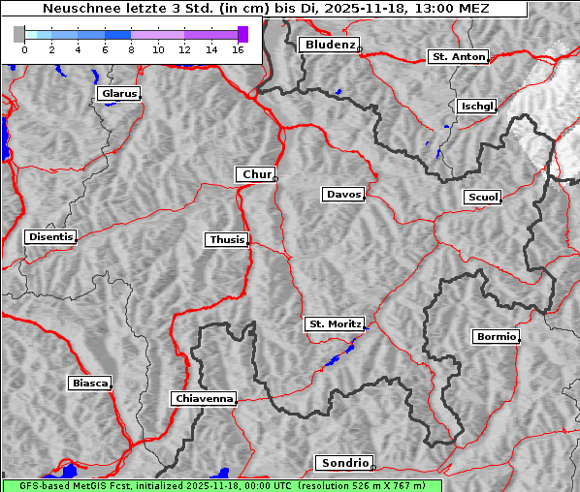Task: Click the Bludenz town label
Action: pos(328,45)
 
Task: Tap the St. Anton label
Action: pos(457,57)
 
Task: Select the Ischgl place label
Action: pos(476,106)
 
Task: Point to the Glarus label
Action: pos(118,94)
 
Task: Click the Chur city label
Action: pos(256,174)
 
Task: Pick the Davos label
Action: pos(342,195)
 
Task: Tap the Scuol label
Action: pos(482,198)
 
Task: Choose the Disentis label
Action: pos(50,236)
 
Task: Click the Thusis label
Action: pos(227,239)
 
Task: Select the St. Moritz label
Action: pos(334,324)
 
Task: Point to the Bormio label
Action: pos(496,337)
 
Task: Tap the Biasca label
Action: pos(89,384)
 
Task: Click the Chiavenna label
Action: pos(204,398)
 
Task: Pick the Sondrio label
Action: pos(343,464)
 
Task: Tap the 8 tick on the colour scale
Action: pos(130,48)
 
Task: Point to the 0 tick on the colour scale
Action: pos(24,48)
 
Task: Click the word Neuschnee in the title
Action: pos(77,9)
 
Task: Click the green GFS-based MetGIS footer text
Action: pos(221,485)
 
